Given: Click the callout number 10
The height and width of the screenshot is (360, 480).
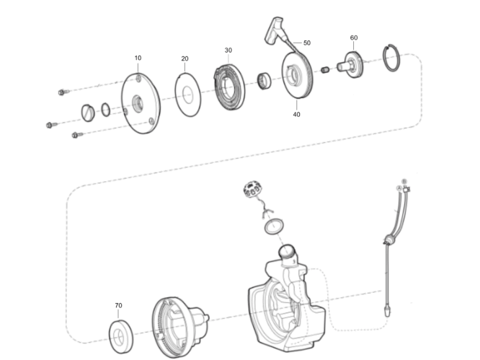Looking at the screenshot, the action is pos(138,58).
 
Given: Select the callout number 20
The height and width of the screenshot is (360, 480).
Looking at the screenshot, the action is pos(185,58).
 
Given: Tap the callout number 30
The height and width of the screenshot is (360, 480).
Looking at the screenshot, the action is pos(228,51).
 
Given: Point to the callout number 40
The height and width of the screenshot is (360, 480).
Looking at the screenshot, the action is pos(296,114).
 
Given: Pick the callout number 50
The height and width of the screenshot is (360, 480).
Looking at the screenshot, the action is pos(307,43).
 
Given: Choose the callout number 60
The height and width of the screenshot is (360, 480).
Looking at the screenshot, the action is pos(354,38).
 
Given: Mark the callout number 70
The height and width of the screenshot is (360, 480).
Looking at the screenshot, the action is pos(118,305).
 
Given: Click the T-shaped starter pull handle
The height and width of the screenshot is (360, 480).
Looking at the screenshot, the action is pos(273,30).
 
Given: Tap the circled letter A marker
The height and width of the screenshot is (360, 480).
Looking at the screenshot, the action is pos(399,188).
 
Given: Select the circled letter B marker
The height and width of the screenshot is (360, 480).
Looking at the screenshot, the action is pos(404,181).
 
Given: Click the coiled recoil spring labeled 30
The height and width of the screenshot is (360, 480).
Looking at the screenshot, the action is pos(229,87).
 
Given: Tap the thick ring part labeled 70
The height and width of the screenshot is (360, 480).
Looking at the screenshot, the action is pos(121,337).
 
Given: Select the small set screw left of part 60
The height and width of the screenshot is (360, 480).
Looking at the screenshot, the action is pos(325,70).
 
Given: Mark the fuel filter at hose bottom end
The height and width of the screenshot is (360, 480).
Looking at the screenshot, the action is pos(388,309).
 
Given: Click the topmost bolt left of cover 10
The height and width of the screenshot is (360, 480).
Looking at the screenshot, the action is pos(63,92).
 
